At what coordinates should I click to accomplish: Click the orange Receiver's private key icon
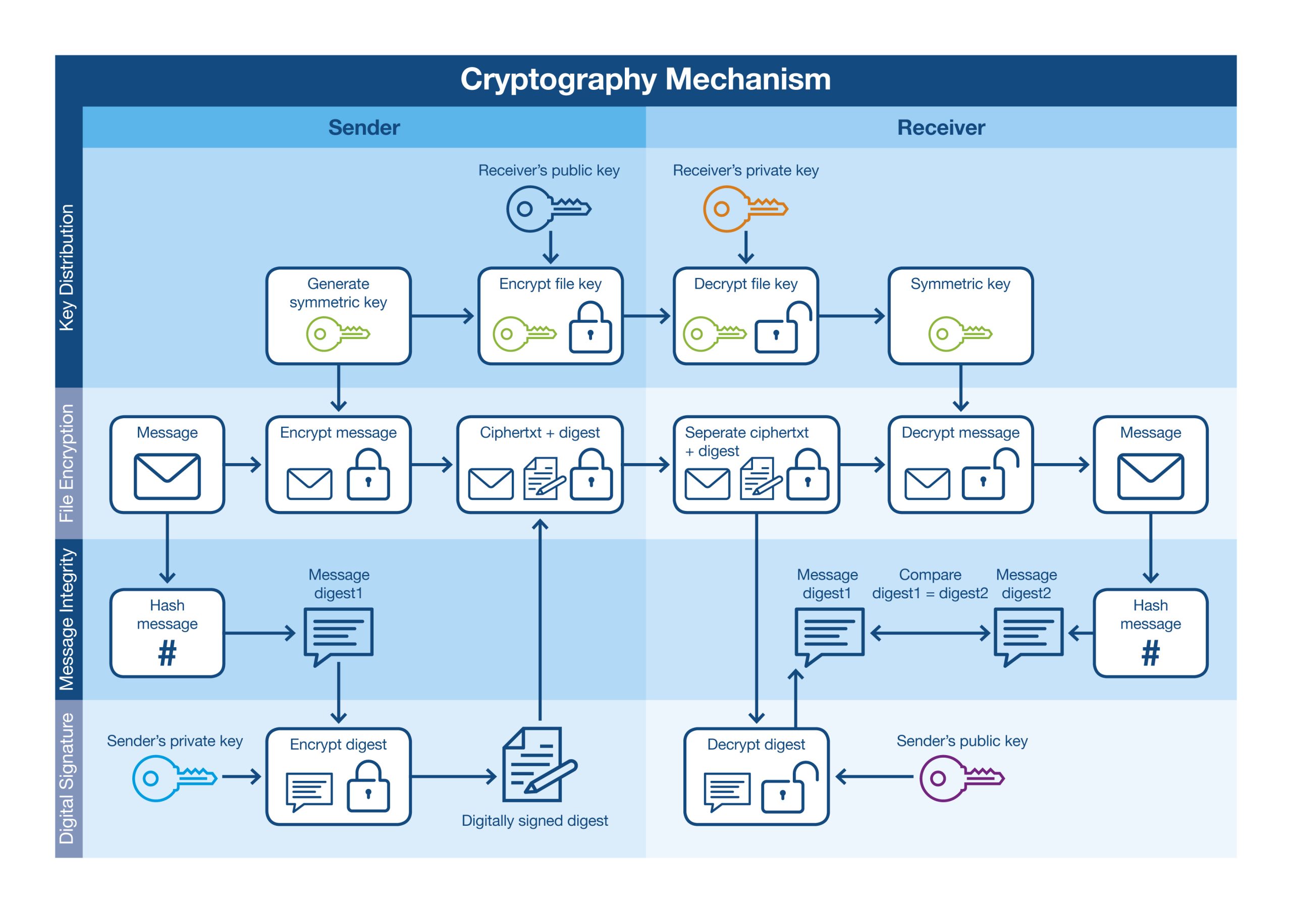(744, 209)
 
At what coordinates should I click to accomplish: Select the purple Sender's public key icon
(960, 778)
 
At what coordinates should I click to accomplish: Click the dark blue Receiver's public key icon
(548, 209)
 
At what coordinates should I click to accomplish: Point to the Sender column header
(363, 128)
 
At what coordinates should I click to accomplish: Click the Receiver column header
(940, 128)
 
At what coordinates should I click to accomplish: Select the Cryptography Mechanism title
(645, 79)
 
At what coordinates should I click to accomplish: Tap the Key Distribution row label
(67, 268)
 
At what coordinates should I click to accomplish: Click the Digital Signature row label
(67, 778)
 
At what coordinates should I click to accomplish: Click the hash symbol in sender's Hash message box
(167, 654)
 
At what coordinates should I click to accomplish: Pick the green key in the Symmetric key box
(959, 334)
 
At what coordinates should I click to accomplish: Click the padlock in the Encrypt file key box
(590, 328)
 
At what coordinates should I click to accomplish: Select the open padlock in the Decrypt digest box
(789, 787)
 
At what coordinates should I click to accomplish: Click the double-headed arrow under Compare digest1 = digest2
(929, 634)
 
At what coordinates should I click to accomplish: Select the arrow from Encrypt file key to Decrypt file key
(647, 316)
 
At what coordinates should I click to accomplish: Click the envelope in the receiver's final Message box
(1150, 477)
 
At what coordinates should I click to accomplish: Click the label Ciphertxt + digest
(539, 433)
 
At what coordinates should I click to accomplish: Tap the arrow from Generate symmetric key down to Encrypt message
(338, 388)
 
